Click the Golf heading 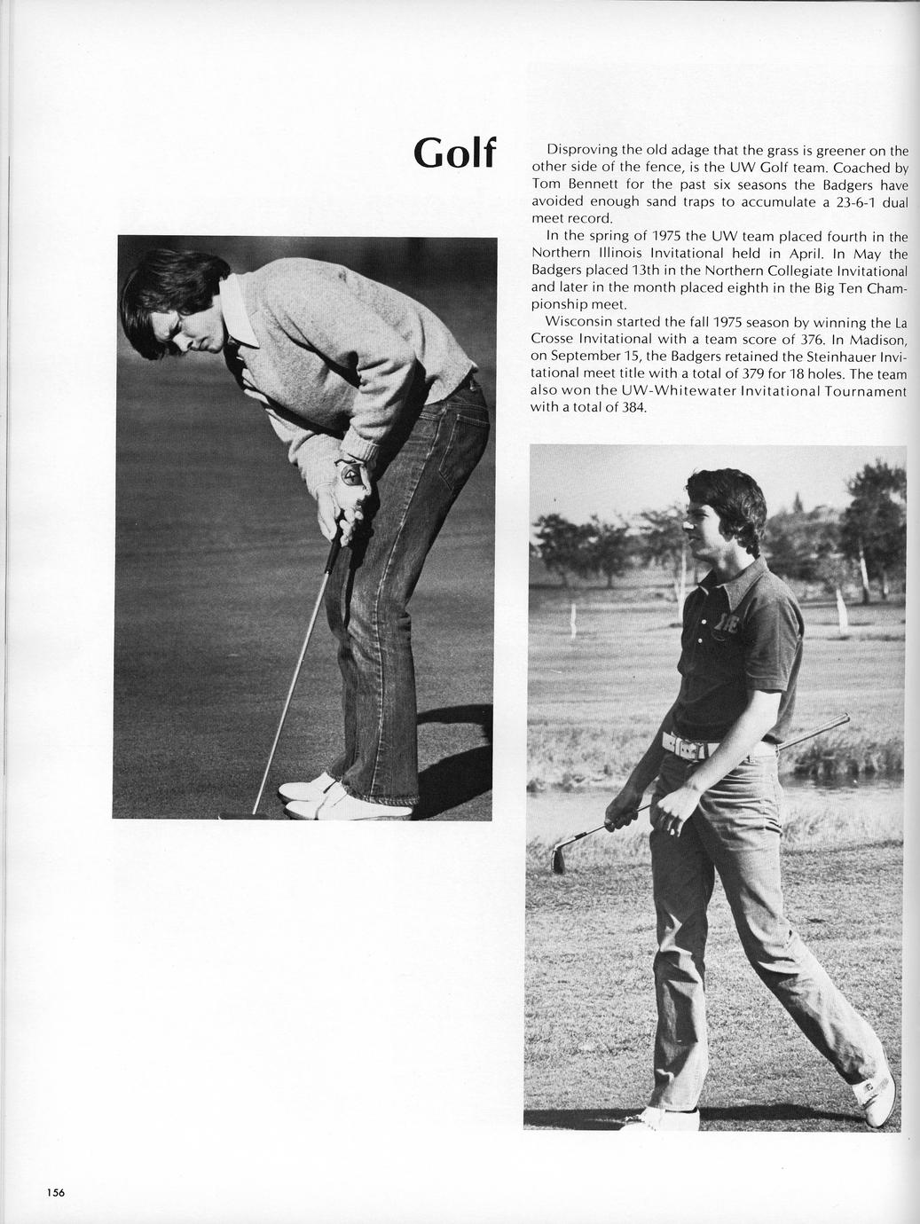(x=453, y=153)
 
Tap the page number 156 (x=56, y=1192)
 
